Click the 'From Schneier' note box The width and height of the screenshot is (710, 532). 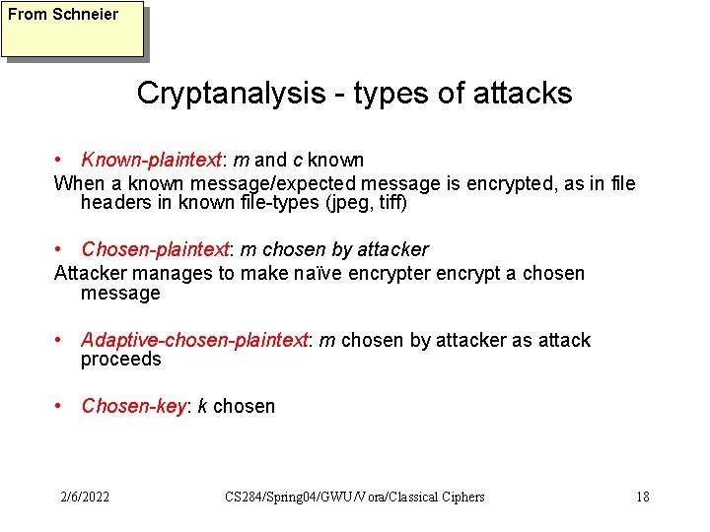tap(72, 30)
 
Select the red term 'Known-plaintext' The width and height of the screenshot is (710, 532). tap(152, 160)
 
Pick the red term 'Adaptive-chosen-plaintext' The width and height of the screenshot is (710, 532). tap(194, 340)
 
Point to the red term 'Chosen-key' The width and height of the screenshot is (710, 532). tap(133, 406)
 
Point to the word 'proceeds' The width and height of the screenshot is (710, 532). tap(120, 360)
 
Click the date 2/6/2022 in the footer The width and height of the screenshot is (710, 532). tap(84, 497)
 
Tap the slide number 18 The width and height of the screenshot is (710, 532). tap(642, 497)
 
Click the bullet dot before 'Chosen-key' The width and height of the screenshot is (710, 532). tap(61, 406)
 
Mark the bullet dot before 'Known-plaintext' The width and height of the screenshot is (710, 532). tap(61, 160)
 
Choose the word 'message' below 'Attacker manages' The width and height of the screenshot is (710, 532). tap(120, 294)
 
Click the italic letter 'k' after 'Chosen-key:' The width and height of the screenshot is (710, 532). tap(202, 406)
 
